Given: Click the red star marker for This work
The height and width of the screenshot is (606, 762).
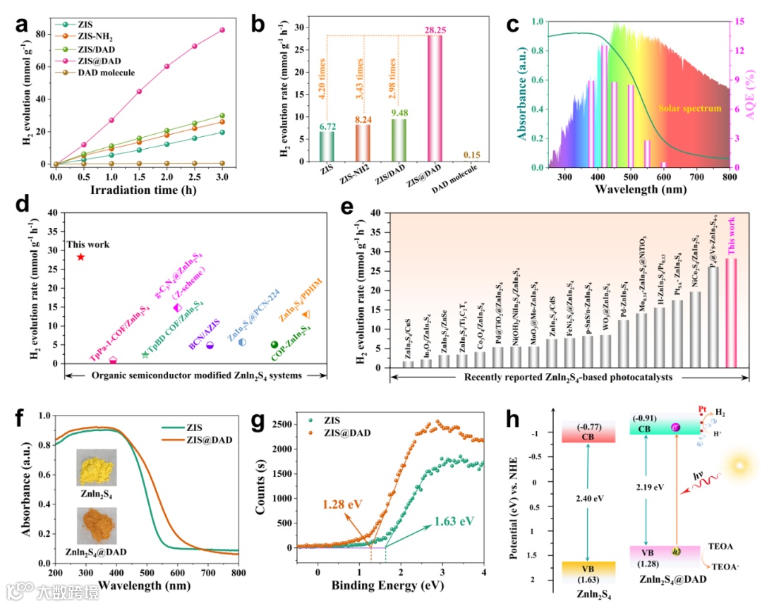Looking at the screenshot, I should pyautogui.click(x=80, y=257).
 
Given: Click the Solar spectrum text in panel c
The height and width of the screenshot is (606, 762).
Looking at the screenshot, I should pyautogui.click(x=689, y=109).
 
